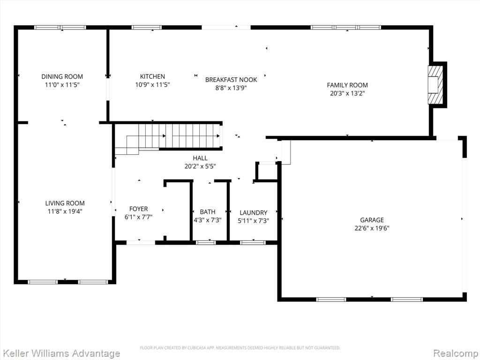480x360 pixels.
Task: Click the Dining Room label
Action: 62,76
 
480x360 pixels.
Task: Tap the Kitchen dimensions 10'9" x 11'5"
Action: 152,85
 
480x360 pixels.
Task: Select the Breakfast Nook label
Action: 231,80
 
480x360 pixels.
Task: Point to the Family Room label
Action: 347,85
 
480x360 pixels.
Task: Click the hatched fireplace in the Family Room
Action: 435,84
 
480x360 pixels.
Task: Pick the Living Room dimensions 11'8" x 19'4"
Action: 65,211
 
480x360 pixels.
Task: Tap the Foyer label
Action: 138,209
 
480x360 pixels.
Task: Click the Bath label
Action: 208,212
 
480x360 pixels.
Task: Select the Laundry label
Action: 254,212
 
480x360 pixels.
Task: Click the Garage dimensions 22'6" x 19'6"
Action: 372,228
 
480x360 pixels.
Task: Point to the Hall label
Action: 200,158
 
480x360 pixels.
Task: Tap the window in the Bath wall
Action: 206,243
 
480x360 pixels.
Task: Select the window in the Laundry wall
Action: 253,243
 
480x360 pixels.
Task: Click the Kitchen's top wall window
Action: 147,28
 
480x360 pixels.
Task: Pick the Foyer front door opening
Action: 141,243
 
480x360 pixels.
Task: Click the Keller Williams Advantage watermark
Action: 60,353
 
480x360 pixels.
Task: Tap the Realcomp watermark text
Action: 456,353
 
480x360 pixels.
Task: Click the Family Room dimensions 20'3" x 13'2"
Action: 347,93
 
